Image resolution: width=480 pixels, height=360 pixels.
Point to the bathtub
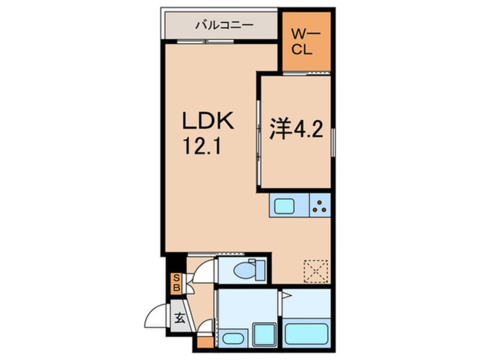307,334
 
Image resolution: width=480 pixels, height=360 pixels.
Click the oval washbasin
231,338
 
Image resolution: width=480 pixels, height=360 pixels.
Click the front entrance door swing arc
155,317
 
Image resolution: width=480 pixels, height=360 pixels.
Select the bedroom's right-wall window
333,143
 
